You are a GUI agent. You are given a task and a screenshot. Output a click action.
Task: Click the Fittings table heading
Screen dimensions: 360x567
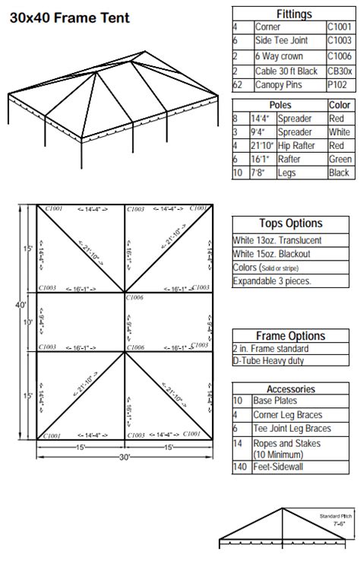[x=292, y=13]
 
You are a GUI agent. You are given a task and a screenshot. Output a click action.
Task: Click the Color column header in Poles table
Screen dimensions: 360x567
[x=339, y=105]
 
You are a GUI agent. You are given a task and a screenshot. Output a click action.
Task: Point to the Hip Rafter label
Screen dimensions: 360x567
[x=295, y=145]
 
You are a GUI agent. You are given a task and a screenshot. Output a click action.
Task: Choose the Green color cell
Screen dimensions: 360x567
[x=339, y=159]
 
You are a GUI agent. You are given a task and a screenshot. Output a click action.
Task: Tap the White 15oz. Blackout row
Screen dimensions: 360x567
[x=279, y=254]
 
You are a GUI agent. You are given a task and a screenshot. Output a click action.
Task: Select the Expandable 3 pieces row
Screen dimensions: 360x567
[x=273, y=281]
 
